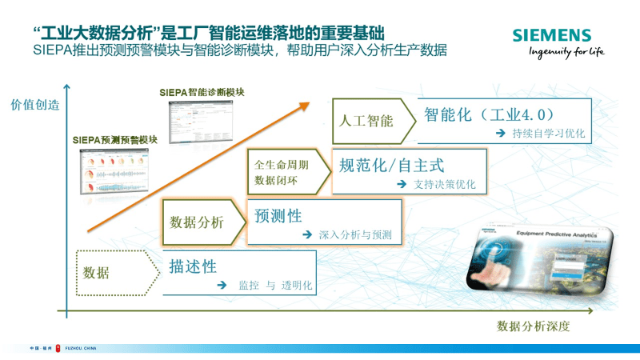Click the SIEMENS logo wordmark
pos(552,35)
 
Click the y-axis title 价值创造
pos(34,104)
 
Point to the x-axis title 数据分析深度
pos(534,326)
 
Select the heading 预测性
pos(278,215)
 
